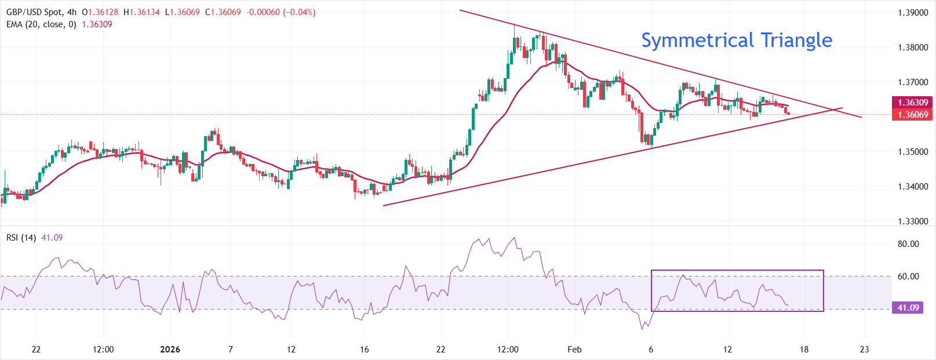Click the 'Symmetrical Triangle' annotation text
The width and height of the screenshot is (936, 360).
point(736,40)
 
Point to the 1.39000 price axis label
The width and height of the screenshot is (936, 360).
point(913,13)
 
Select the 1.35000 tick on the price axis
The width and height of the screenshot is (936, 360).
point(913,152)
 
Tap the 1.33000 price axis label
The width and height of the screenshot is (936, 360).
point(913,221)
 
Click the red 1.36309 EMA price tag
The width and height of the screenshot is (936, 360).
point(913,103)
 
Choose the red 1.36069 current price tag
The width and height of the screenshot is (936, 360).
point(913,115)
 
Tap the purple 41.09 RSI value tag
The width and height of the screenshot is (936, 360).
point(908,308)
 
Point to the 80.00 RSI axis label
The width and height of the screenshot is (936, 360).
point(908,244)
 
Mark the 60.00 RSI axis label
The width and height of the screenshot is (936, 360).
point(908,277)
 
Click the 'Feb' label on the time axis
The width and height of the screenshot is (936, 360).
point(574,350)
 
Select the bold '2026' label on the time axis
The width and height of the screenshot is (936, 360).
point(170,350)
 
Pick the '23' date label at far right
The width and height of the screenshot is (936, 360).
point(865,350)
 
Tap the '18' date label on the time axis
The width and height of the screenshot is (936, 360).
point(804,350)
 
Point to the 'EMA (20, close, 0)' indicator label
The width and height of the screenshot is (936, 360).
point(41,24)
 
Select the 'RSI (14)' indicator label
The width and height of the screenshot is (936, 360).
point(21,238)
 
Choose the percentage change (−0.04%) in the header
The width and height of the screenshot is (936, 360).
point(299,12)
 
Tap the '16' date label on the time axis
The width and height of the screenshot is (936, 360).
point(364,350)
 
